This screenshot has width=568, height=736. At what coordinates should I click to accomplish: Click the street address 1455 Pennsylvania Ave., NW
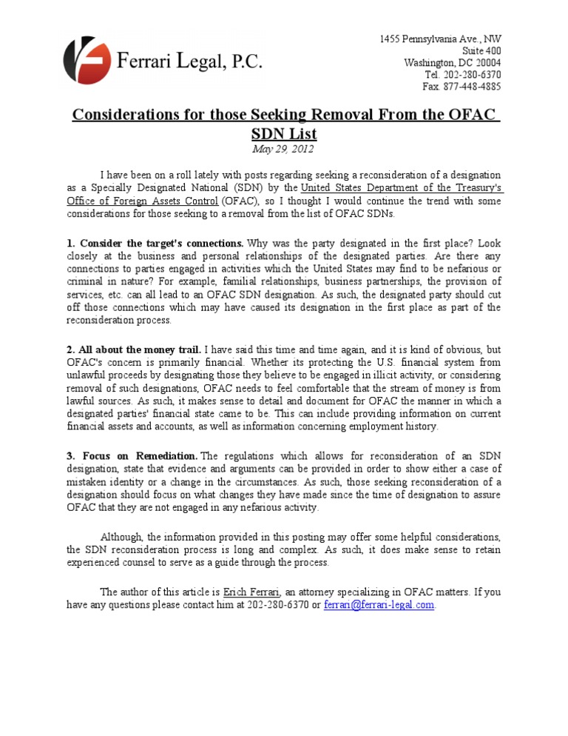click(440, 39)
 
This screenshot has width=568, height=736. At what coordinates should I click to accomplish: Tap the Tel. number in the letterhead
click(474, 75)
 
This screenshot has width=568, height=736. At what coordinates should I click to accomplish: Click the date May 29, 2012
click(283, 149)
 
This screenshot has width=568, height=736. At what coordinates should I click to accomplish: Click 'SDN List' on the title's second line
click(284, 134)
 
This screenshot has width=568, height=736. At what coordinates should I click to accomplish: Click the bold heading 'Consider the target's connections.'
click(162, 243)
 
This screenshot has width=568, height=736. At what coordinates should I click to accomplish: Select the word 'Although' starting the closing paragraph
click(122, 535)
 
